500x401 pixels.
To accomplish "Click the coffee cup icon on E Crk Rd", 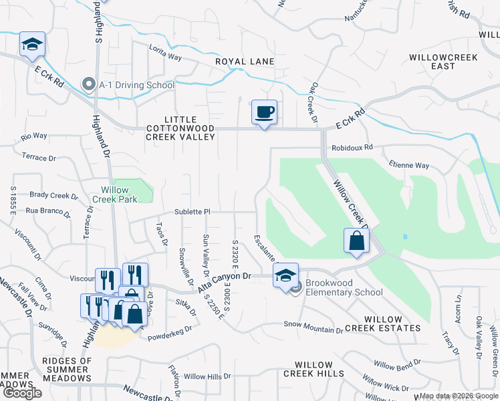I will [264, 112].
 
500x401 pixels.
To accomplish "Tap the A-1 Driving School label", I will [136, 85].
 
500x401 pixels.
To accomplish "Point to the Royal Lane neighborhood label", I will [245, 61].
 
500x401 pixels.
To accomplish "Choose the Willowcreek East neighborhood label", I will [444, 61].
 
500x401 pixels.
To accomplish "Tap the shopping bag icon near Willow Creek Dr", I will [356, 241].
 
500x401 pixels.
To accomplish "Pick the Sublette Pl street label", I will [193, 211].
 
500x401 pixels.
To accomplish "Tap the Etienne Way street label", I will [410, 165].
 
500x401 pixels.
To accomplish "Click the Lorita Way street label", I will [166, 57].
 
